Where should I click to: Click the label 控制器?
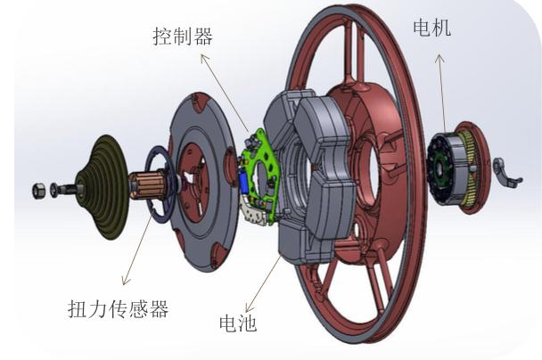click(183, 37)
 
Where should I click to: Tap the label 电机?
click(432, 28)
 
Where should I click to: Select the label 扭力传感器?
click(119, 309)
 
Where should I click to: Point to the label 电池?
click(238, 323)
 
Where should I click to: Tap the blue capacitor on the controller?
click(243, 181)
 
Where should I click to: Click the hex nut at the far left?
click(38, 191)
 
